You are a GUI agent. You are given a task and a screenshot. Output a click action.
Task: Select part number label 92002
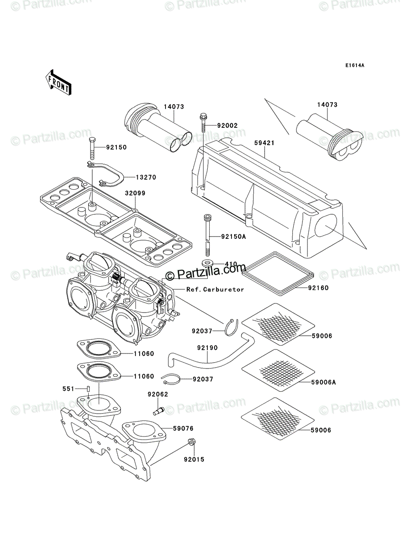pyautogui.click(x=227, y=126)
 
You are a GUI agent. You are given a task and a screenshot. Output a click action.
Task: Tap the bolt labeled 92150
pyautogui.click(x=91, y=149)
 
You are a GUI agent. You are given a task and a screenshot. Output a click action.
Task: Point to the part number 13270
pyautogui.click(x=146, y=177)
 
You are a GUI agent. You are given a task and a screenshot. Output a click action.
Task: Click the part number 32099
pyautogui.click(x=135, y=193)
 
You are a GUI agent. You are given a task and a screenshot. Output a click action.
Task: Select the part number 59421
pyautogui.click(x=264, y=143)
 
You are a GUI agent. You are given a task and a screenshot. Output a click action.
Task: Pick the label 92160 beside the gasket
pyautogui.click(x=318, y=288)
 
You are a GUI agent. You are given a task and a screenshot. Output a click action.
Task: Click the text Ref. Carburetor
pyautogui.click(x=215, y=289)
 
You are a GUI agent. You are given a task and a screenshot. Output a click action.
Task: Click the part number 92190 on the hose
pyautogui.click(x=207, y=348)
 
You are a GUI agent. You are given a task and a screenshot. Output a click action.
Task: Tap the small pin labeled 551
pyautogui.click(x=88, y=389)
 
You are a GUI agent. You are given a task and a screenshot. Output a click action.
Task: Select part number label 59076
pyautogui.click(x=183, y=429)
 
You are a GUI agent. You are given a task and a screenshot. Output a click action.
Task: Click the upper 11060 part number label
pyautogui.click(x=144, y=354)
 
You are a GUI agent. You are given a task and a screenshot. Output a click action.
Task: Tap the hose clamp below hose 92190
pyautogui.click(x=171, y=379)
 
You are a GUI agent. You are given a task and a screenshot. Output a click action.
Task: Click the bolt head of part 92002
pyautogui.click(x=203, y=116)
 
